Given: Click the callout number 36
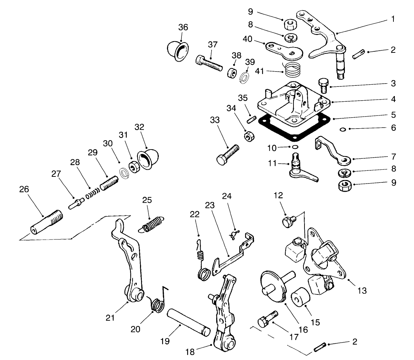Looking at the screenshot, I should click(x=183, y=28).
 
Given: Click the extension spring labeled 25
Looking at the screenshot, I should click(x=152, y=224).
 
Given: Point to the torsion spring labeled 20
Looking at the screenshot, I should click(x=158, y=303).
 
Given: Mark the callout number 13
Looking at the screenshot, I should click(x=362, y=291).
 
